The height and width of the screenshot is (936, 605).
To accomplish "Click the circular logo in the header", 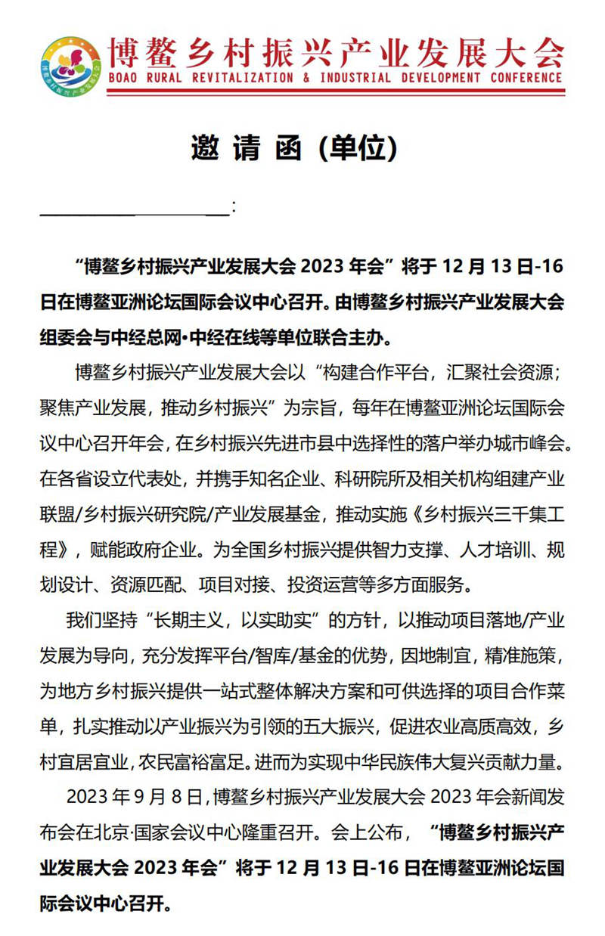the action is point(71,66).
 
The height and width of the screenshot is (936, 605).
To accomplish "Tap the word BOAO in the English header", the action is point(126,77).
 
